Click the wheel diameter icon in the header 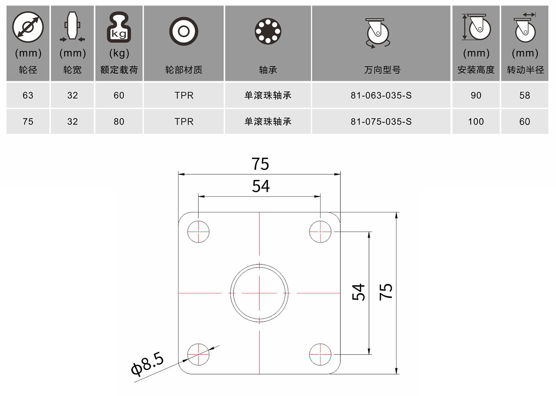(x=28, y=27)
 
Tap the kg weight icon (x=119, y=27)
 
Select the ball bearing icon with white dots (x=268, y=31)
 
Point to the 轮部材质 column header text (x=183, y=70)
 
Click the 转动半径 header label (x=525, y=70)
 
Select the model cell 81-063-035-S (x=381, y=96)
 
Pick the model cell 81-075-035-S (x=381, y=122)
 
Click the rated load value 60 (x=119, y=96)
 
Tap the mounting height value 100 (x=476, y=122)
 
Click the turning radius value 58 (x=525, y=96)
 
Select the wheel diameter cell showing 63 (x=28, y=96)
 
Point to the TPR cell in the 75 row (x=184, y=122)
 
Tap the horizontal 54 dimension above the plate (x=261, y=186)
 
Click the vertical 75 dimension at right (x=386, y=292)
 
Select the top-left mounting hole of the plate (x=198, y=232)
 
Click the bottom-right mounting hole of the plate (x=320, y=354)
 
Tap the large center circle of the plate (x=259, y=264)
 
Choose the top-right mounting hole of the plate (x=320, y=232)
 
